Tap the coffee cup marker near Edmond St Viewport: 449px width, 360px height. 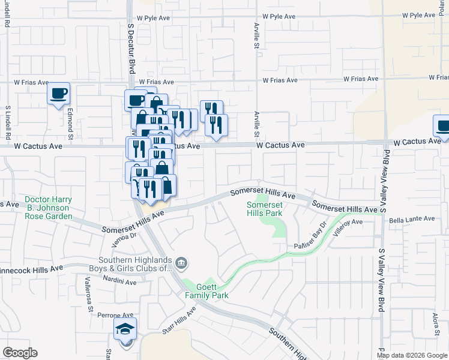(58, 94)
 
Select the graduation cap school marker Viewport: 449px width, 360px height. (125, 329)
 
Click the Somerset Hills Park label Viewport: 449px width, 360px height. (265, 209)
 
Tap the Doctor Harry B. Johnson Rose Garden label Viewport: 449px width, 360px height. (49, 208)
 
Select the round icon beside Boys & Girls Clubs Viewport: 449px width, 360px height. (181, 262)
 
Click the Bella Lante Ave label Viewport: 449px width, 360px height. (411, 219)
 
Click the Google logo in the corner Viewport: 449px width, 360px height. (20, 353)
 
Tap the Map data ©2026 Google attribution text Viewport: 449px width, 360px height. (411, 355)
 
